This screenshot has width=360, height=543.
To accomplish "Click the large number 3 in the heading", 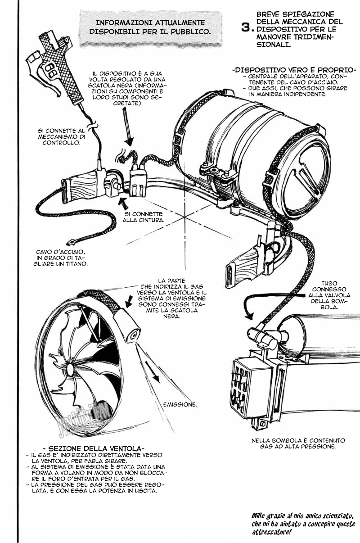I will (246, 27).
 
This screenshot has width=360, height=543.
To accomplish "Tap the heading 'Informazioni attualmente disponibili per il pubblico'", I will (150, 27).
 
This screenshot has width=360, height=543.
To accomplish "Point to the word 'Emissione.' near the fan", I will (180, 404).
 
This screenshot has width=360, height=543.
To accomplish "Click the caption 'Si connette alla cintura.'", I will (144, 217).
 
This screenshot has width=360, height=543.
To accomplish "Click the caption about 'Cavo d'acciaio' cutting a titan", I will (62, 258).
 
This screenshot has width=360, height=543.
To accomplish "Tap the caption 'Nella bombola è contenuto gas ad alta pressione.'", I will (298, 443).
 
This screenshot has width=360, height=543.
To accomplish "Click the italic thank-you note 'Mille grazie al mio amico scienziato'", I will (303, 524).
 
